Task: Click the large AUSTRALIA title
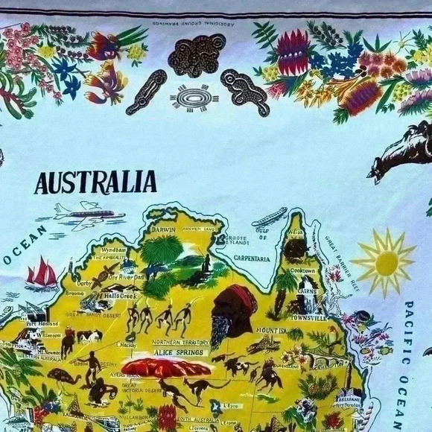coord(95,182)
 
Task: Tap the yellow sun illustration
coord(385,261)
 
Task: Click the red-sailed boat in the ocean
coord(42,275)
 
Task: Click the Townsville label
coord(308,318)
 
